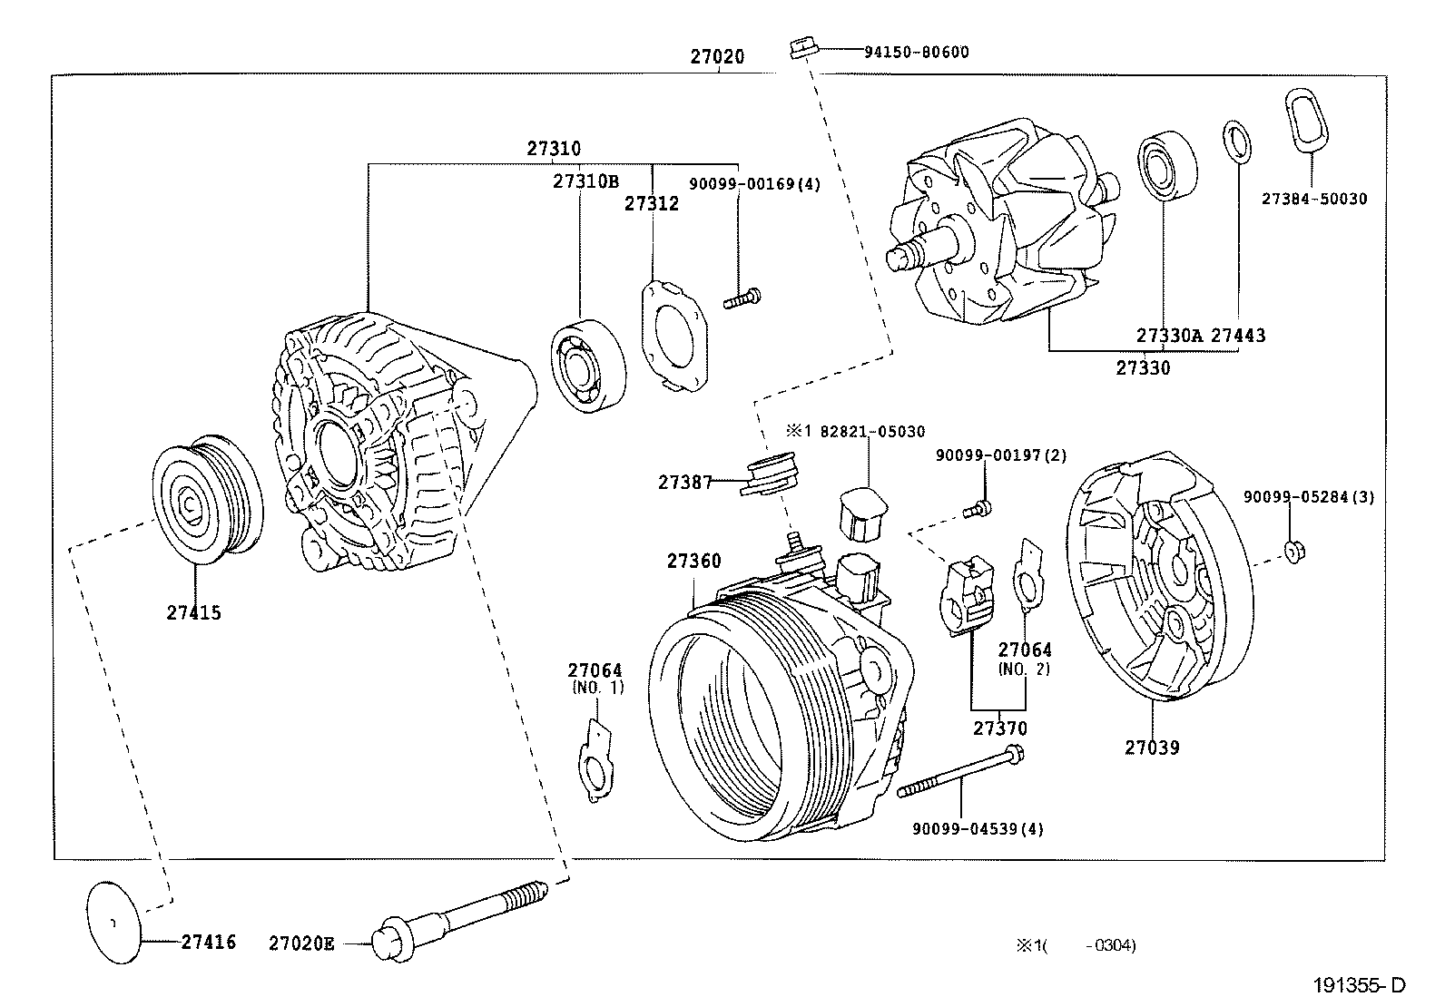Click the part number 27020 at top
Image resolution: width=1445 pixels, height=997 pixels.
(x=717, y=56)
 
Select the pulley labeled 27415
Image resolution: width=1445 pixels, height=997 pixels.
(x=205, y=499)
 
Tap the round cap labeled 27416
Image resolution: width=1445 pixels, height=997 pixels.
(x=114, y=921)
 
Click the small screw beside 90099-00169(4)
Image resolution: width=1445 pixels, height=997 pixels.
(x=742, y=297)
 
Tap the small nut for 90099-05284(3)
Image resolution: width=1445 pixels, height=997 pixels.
(x=1293, y=551)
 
